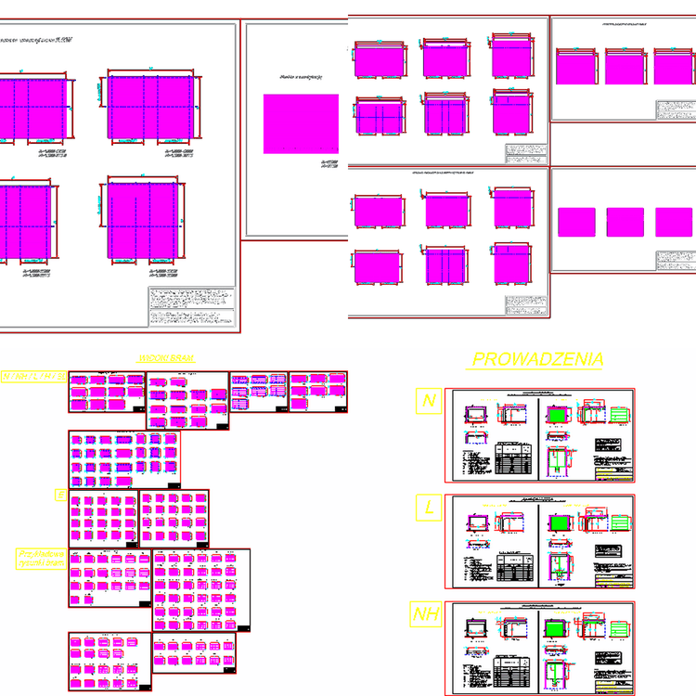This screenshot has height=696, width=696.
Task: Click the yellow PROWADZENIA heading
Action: [538, 359]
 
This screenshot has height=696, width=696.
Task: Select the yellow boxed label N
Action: [428, 401]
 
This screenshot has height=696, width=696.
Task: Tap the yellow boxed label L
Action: [428, 508]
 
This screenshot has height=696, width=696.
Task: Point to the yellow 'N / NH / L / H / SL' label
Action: [33, 377]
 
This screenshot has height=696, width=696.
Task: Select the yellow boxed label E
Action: [60, 496]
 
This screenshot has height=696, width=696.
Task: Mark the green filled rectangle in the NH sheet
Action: [557, 628]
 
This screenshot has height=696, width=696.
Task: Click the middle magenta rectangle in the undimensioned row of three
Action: [625, 223]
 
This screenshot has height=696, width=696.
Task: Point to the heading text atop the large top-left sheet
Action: [37, 41]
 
